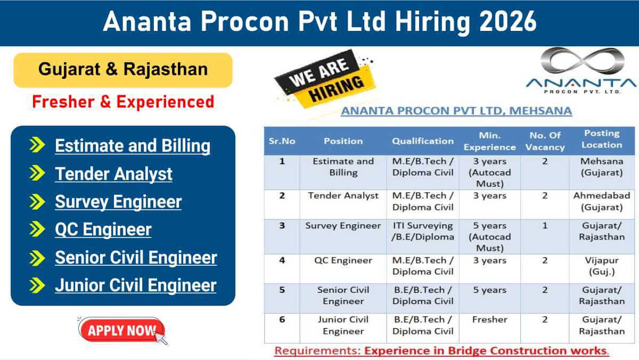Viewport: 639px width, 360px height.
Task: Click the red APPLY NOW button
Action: [122, 330]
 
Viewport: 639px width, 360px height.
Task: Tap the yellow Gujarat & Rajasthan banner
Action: [123, 70]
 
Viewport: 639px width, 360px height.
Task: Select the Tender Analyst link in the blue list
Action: [113, 174]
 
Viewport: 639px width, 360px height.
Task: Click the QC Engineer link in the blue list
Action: [103, 230]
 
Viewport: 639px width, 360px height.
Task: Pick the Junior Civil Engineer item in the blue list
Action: [136, 285]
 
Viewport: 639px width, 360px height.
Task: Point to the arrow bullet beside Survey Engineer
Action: [37, 202]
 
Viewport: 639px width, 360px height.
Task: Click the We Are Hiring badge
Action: [325, 79]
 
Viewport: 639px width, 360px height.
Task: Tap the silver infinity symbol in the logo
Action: [582, 61]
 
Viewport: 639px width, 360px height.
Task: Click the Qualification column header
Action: [423, 141]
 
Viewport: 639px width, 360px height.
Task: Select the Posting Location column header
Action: [602, 139]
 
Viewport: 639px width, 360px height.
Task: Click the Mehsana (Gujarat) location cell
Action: [602, 167]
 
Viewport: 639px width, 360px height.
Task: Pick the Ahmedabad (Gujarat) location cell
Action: [602, 201]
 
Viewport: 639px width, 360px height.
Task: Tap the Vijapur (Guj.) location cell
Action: [602, 266]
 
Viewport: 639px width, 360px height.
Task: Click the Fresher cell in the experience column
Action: [489, 320]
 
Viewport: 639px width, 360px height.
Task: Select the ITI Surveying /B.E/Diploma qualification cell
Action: [423, 231]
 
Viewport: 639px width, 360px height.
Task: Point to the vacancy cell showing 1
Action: [545, 226]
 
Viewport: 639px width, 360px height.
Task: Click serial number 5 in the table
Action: [282, 290]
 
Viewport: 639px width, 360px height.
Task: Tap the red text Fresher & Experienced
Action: [123, 102]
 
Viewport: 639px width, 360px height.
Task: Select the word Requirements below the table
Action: [318, 350]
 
